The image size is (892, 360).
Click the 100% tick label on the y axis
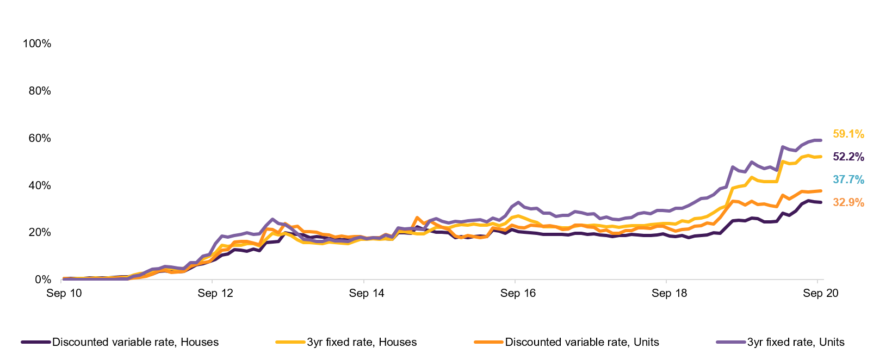[x=36, y=44]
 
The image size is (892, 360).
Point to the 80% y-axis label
[x=39, y=91]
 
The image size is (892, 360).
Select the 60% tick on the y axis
[x=39, y=138]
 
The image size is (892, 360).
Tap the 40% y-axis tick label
[x=39, y=185]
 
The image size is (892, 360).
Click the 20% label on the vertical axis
[x=39, y=232]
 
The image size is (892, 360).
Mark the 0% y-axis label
[x=42, y=280]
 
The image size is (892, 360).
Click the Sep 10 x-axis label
[x=64, y=294]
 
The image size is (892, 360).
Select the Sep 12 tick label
[x=215, y=294]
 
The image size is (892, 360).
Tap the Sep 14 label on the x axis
[x=367, y=294]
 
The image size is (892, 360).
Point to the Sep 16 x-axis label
[x=518, y=294]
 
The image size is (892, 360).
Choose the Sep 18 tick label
[x=669, y=294]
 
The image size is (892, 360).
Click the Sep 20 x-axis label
[x=821, y=294]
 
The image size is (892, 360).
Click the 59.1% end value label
[x=848, y=134]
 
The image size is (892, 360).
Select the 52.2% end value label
[x=848, y=157]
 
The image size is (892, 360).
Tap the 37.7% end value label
[x=848, y=179]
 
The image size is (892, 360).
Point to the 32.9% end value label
[x=848, y=202]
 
